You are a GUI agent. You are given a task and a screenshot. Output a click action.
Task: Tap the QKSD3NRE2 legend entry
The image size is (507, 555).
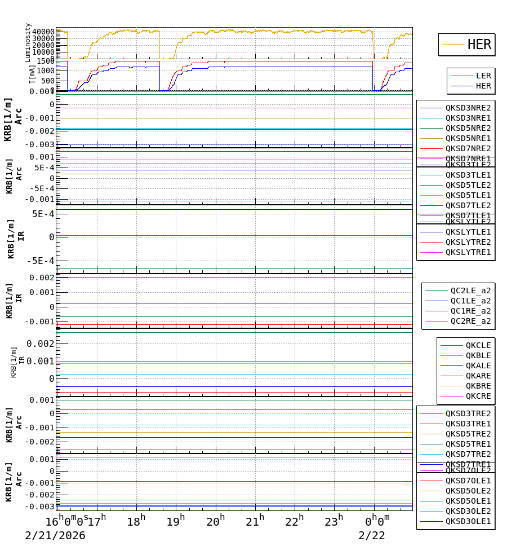click(468, 108)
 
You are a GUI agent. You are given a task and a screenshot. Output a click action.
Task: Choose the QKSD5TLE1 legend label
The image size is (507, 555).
click(468, 195)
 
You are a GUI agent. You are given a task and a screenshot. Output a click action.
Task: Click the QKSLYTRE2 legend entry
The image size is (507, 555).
click(468, 242)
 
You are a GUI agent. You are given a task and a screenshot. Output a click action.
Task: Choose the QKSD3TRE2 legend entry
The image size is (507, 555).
click(468, 413)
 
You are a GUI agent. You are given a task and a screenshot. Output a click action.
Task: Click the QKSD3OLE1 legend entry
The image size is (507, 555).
click(468, 521)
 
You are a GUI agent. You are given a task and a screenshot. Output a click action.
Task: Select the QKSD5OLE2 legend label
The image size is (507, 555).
click(468, 491)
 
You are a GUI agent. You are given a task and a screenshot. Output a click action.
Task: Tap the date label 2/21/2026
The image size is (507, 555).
click(55, 536)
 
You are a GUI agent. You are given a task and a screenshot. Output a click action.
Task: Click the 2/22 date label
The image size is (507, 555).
click(372, 536)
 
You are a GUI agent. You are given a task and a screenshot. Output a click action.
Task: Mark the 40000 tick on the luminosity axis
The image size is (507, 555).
click(43, 32)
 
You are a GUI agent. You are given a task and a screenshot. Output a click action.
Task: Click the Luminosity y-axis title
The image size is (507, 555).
click(28, 42)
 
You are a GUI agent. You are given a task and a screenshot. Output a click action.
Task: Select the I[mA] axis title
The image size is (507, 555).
click(32, 74)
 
